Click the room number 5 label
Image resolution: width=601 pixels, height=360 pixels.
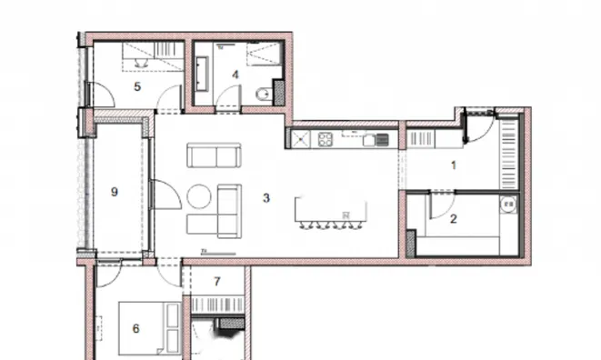coord(137,86)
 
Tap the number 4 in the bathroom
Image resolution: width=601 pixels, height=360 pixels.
coord(235,75)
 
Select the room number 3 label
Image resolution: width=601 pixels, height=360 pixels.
coord(266,198)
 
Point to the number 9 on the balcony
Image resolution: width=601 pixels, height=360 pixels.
coord(115,192)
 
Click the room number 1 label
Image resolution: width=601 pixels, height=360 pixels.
coord(454,165)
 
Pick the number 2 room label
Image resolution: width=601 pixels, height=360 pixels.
coord(454,219)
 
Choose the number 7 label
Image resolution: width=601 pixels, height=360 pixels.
coord(217,282)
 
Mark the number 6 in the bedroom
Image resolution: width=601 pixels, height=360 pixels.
coord(135,328)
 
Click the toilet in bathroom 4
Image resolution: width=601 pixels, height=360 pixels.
coord(264,94)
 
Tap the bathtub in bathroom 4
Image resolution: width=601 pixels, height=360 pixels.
coord(202,74)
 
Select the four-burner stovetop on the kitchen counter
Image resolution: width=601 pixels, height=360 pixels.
coord(326,140)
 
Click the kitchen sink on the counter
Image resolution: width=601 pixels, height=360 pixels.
coord(376,140)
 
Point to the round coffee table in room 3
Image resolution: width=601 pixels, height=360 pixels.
coord(199,196)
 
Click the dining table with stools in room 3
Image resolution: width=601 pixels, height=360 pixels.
coord(331,213)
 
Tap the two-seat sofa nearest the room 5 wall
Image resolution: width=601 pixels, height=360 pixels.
coord(215,155)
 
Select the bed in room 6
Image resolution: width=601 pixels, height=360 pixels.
coord(149,328)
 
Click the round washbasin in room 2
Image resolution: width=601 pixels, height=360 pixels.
coord(508,205)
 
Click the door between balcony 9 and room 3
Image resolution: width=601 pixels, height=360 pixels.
coord(165,195)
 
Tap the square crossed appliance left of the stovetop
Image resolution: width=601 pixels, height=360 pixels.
coord(301,139)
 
